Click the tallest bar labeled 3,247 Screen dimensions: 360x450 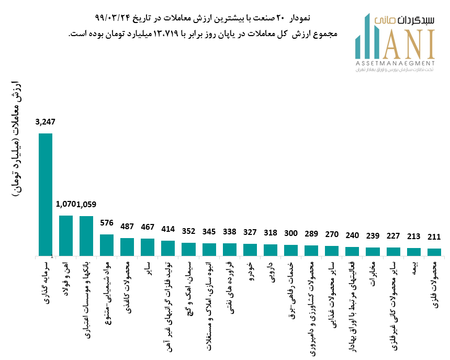click(46, 194)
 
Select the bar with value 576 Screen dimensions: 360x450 click(107, 245)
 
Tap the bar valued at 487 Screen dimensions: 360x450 click(127, 246)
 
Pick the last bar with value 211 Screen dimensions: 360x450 click(434, 252)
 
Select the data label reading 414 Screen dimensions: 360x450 click(168, 229)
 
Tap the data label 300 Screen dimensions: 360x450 click(291, 233)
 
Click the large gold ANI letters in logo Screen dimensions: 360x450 click(408, 44)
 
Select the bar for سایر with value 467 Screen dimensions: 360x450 click(148, 247)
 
